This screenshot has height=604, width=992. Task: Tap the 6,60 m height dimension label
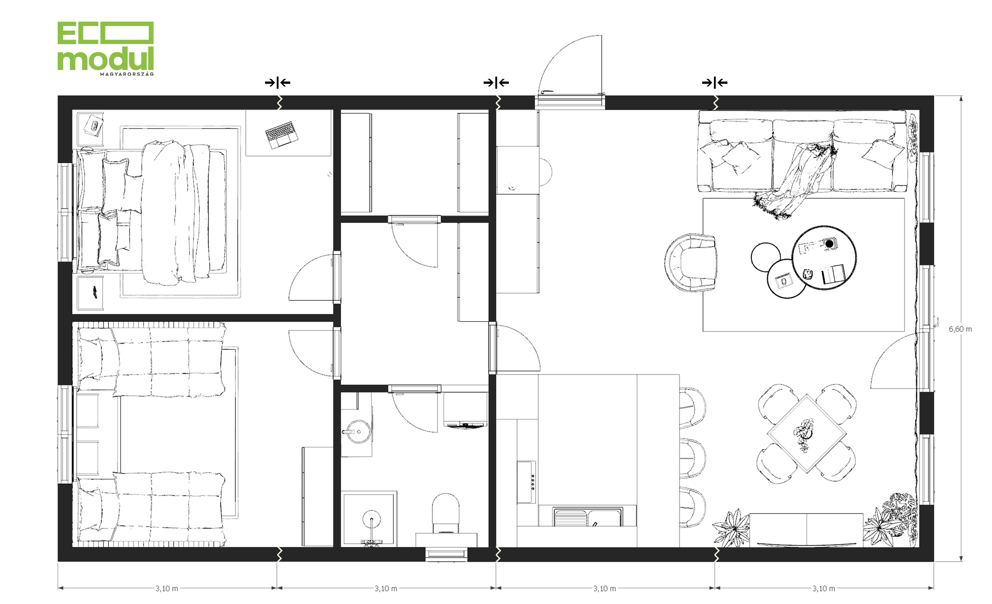click(x=960, y=329)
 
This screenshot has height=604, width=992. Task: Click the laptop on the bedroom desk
click(x=281, y=134)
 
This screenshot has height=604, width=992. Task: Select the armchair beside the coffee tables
click(x=690, y=262)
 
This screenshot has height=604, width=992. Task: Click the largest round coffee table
click(x=824, y=258)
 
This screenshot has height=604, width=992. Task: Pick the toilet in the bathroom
click(x=445, y=513)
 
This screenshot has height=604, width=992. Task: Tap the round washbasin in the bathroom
click(x=358, y=432)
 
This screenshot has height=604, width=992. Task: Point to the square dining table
click(x=806, y=433)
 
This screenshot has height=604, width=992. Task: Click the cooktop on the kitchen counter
click(x=526, y=482)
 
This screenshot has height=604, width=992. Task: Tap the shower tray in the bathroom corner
click(x=369, y=519)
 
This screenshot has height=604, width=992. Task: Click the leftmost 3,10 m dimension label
click(x=167, y=589)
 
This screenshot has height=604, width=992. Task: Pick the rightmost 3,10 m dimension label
click(x=824, y=589)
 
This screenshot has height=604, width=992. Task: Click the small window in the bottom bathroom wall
click(x=446, y=554)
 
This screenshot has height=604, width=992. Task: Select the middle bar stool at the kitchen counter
click(x=693, y=458)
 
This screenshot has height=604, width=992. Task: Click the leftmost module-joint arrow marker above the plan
click(x=278, y=82)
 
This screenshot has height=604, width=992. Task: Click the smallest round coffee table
click(x=766, y=257)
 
